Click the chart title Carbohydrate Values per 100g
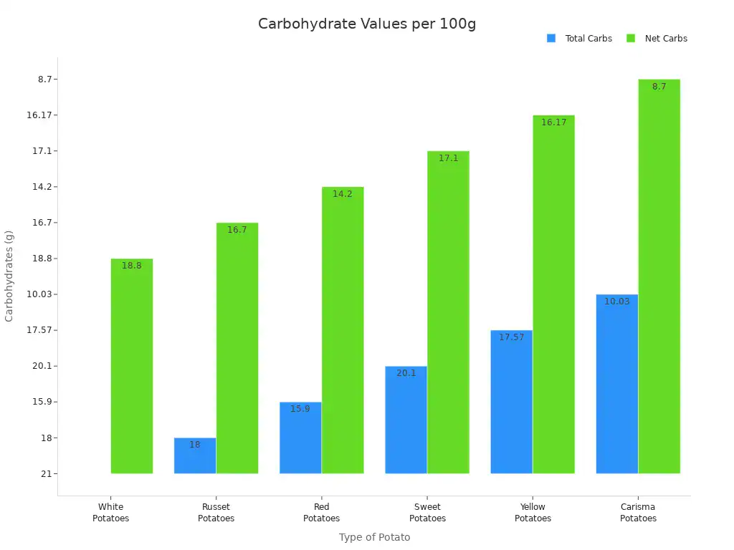tap(366, 24)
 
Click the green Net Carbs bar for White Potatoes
tap(132, 365)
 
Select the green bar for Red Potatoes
tap(343, 329)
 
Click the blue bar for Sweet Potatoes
tap(406, 420)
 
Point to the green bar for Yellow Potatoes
tap(553, 294)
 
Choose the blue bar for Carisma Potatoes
tap(616, 384)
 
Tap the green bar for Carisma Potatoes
tap(659, 276)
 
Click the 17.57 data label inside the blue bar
tap(511, 337)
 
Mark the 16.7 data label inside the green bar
tap(237, 230)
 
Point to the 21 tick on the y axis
tap(47, 473)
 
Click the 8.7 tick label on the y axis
tap(44, 79)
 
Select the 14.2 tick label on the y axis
tap(42, 187)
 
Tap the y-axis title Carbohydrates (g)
tap(9, 276)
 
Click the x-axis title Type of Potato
tap(374, 537)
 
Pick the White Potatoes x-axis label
tap(111, 513)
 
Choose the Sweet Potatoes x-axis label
tap(427, 513)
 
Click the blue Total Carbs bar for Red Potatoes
tap(300, 438)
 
